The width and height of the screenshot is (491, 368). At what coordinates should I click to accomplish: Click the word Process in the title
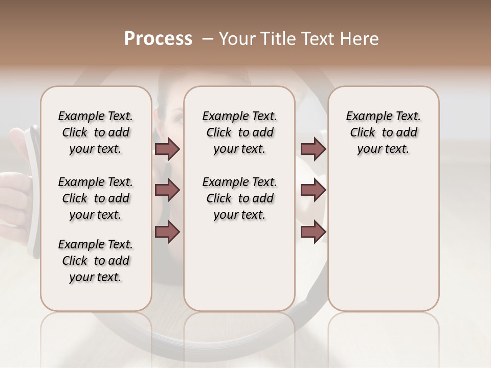158,39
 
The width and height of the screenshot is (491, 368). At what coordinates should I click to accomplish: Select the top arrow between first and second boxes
167,149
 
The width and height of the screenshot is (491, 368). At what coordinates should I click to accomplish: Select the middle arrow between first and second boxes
167,190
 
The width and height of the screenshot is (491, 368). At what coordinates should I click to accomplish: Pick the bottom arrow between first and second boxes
167,232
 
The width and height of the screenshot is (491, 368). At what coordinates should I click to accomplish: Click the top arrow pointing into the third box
313,149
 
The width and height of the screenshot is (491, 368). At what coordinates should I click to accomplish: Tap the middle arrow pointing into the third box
313,190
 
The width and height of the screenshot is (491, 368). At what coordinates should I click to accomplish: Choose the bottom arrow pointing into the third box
313,232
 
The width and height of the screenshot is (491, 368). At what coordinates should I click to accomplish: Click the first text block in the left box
96,132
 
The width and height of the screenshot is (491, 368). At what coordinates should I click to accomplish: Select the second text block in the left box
96,198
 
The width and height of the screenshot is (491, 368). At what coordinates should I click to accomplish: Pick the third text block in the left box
96,261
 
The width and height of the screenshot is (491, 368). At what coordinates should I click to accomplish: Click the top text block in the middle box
239,132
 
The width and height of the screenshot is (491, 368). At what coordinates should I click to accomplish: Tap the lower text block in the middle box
239,198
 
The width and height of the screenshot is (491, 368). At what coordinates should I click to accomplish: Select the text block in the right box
383,132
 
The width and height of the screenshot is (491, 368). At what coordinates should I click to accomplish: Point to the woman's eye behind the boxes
176,119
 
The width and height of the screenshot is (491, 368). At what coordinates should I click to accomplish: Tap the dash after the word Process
208,39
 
